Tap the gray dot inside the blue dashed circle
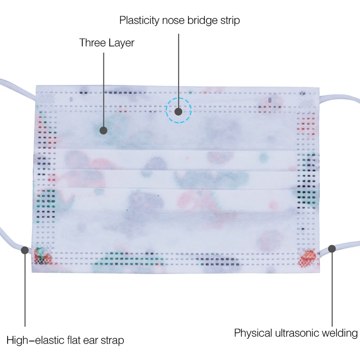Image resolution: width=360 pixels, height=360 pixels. tap(179, 111)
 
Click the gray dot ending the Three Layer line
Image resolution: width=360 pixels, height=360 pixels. tap(103, 130)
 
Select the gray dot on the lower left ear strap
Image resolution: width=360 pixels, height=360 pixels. tap(25, 250)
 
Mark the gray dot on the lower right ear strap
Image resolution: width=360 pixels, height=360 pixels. tap(332, 248)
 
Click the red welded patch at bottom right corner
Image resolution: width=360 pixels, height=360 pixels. tap(309, 258)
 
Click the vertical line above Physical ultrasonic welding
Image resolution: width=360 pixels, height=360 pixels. tap(332, 288)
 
